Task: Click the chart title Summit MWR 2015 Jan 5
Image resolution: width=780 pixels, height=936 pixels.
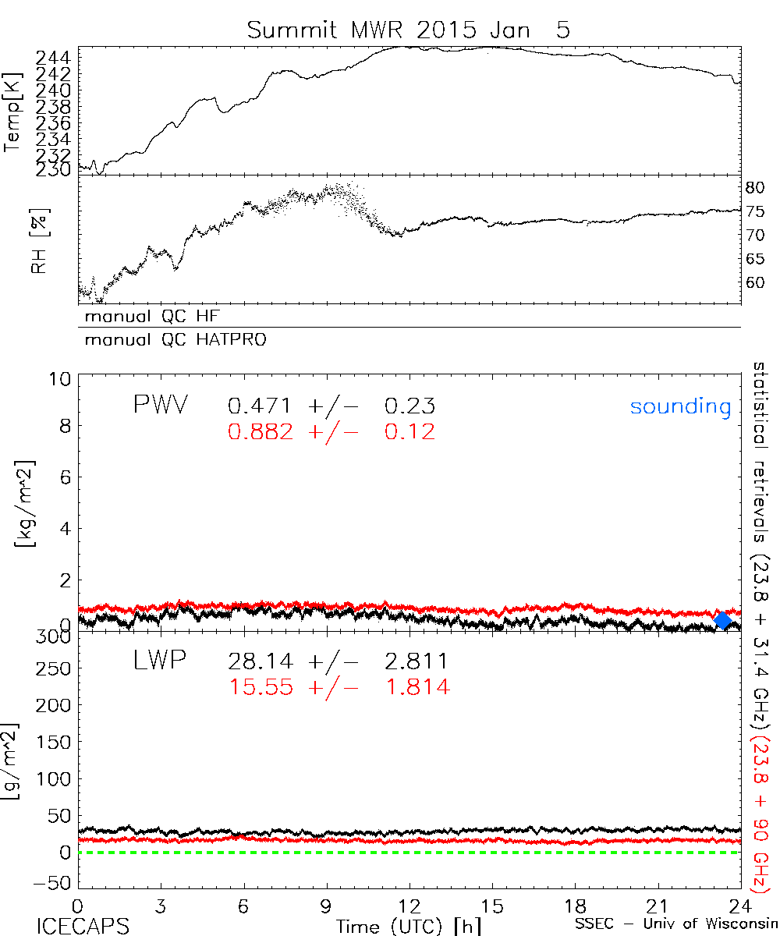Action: click(x=409, y=30)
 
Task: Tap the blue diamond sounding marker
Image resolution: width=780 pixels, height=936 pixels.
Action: click(x=723, y=621)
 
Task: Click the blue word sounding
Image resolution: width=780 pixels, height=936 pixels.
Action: click(x=681, y=407)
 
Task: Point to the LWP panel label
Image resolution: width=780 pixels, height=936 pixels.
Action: click(x=159, y=661)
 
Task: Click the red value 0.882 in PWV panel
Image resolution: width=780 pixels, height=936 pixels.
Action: click(x=261, y=432)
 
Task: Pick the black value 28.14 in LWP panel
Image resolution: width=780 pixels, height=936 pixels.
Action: click(x=261, y=662)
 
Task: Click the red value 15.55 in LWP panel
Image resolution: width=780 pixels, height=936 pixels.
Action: click(x=261, y=687)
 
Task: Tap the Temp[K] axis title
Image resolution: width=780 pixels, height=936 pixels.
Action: click(x=13, y=112)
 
